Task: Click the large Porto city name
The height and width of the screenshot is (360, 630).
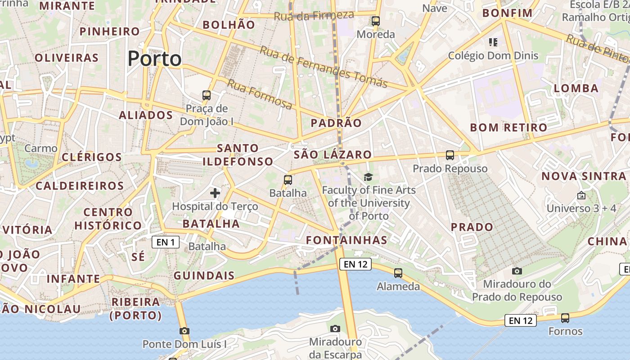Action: [x=154, y=59]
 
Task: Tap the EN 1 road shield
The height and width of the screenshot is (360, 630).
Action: [x=166, y=243]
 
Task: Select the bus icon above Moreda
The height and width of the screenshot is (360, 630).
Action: [x=375, y=21]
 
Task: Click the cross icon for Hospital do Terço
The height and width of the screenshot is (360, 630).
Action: [x=215, y=193]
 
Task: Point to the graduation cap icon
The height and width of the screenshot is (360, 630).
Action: [x=368, y=177]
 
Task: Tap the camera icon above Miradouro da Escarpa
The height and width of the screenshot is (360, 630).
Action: [x=335, y=328]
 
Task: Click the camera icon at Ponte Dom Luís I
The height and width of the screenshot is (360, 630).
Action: [x=184, y=331]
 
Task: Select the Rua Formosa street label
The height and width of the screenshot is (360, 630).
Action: [x=259, y=94]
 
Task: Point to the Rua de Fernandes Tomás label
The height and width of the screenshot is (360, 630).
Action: [x=323, y=67]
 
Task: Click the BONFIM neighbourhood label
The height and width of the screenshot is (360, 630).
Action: [x=507, y=13]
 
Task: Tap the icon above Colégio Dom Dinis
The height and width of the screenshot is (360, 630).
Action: [x=493, y=42]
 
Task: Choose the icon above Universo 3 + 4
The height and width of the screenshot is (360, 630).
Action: [x=581, y=195]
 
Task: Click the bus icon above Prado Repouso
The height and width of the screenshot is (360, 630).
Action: [x=450, y=155]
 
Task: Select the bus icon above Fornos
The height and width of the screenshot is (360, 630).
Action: [x=565, y=318]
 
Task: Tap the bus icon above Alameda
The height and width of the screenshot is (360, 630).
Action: [x=398, y=273]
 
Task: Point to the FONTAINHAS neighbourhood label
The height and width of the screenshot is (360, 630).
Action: [x=346, y=240]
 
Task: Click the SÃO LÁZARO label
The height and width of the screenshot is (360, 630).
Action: [x=333, y=155]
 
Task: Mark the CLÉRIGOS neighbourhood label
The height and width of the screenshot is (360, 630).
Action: [x=92, y=157]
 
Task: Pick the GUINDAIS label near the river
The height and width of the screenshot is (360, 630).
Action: [x=204, y=275]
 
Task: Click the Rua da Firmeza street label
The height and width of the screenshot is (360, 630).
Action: [x=314, y=16]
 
